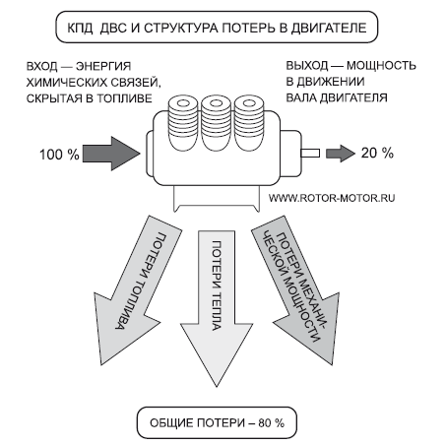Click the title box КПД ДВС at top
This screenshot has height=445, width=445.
(222, 28)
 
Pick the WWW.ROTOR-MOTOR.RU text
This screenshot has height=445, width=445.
(331, 197)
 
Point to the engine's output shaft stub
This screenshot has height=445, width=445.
(311, 153)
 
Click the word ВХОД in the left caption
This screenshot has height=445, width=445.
(35, 66)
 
